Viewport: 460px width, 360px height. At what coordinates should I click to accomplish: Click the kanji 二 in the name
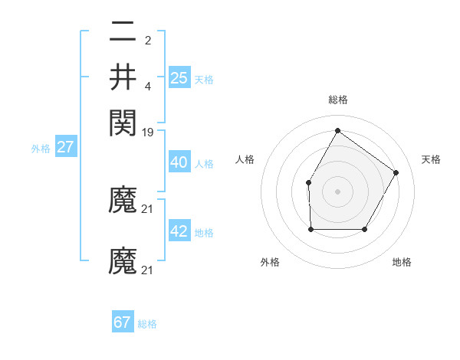[123, 34]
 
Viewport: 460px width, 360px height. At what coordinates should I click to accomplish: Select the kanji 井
[123, 77]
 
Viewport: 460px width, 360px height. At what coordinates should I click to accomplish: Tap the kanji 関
[123, 122]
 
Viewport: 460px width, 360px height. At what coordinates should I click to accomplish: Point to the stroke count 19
[148, 132]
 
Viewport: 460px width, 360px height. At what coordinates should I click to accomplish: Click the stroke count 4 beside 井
[148, 84]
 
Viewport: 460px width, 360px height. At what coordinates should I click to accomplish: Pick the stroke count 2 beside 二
[148, 41]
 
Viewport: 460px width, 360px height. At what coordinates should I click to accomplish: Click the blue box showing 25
[179, 77]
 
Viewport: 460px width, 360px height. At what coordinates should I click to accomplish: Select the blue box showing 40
[179, 162]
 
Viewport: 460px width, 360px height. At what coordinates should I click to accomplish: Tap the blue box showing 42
[179, 231]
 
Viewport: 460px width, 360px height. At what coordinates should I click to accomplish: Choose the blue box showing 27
[65, 147]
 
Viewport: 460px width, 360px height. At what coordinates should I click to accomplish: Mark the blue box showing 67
[123, 322]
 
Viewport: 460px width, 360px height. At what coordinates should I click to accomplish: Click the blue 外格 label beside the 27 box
[41, 149]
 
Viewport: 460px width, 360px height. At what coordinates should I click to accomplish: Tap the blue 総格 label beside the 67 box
[147, 324]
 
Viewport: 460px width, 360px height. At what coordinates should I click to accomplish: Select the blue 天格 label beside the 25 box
[203, 80]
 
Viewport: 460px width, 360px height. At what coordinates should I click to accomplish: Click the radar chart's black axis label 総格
[337, 100]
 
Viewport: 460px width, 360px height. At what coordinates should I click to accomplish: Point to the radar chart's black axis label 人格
[245, 159]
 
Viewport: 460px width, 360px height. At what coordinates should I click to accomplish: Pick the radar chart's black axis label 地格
[402, 262]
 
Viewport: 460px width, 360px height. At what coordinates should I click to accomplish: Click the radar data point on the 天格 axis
[396, 172]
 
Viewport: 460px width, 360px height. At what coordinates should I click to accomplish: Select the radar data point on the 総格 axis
[337, 130]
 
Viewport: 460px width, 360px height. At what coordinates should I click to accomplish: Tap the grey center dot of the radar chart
[337, 191]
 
